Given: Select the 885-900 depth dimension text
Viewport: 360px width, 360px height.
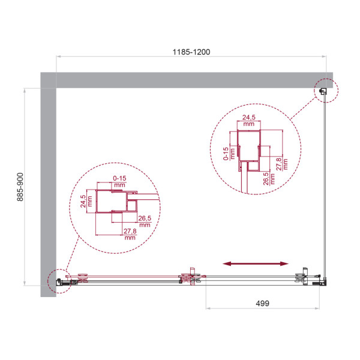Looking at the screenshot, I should (20, 187).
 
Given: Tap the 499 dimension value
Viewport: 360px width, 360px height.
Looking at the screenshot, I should (259, 304).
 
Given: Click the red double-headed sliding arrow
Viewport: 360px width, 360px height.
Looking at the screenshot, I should (255, 263).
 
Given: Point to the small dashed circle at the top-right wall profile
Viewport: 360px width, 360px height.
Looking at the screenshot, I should (325, 91).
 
